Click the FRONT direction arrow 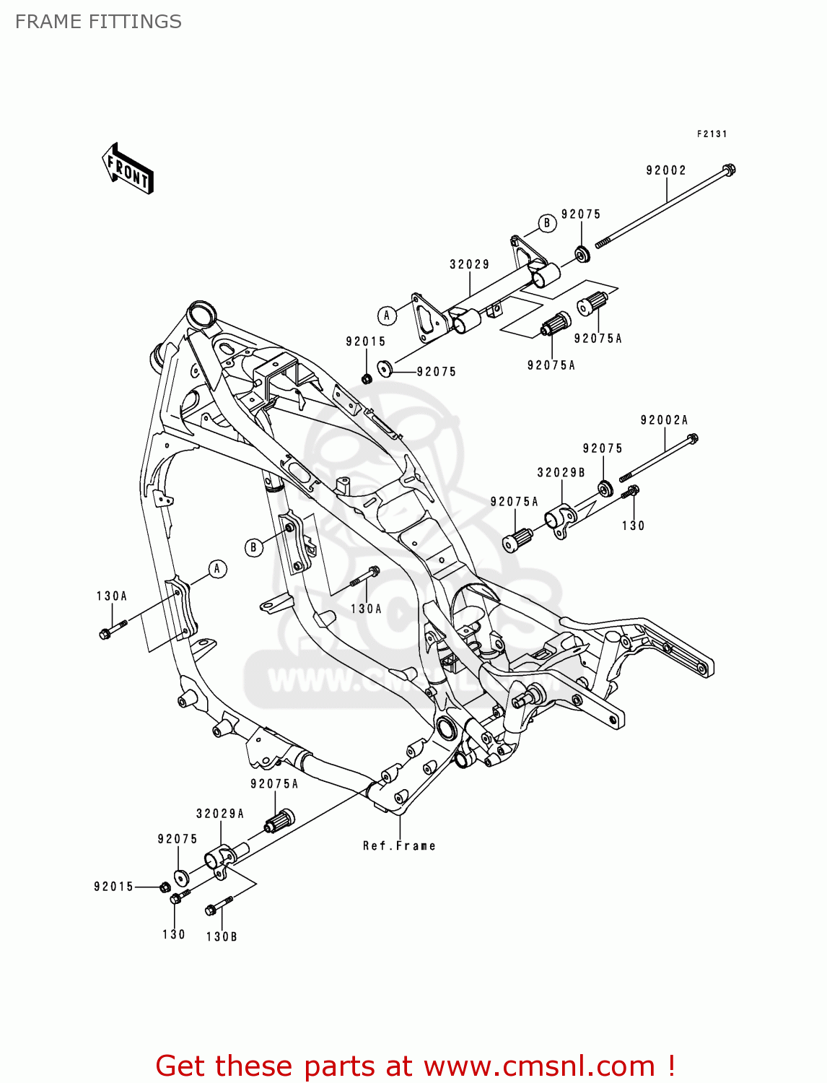tap(128, 168)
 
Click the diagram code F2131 tap(712, 134)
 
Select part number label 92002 tap(665, 170)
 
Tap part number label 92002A tap(664, 420)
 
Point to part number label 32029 tap(470, 265)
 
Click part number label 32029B tap(561, 473)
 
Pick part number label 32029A tap(220, 814)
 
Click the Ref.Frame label tap(399, 845)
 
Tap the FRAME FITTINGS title tap(98, 22)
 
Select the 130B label tap(222, 936)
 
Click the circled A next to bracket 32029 tap(387, 316)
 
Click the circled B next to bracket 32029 tap(546, 223)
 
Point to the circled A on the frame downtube tap(217, 569)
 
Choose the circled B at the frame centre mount tap(253, 547)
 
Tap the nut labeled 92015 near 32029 tap(367, 378)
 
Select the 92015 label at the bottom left tap(113, 887)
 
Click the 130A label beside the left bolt tap(112, 596)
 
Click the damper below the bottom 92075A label tap(279, 821)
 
